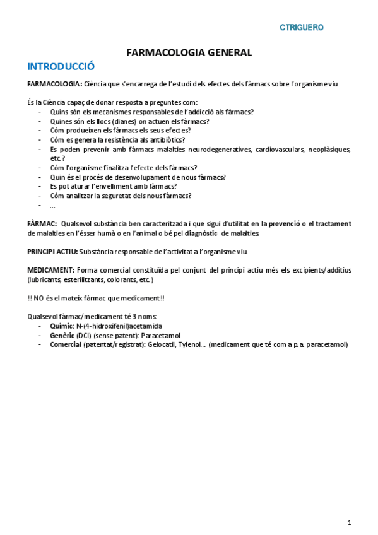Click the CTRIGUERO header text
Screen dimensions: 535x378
302,28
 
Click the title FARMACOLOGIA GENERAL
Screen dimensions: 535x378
189,53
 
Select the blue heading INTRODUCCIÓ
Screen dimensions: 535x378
61,66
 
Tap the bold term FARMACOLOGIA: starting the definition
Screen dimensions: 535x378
54,84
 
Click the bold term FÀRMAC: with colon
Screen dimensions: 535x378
42,224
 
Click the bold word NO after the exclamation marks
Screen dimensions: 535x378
40,298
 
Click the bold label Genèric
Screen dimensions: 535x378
62,335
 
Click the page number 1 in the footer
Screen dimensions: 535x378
349,522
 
